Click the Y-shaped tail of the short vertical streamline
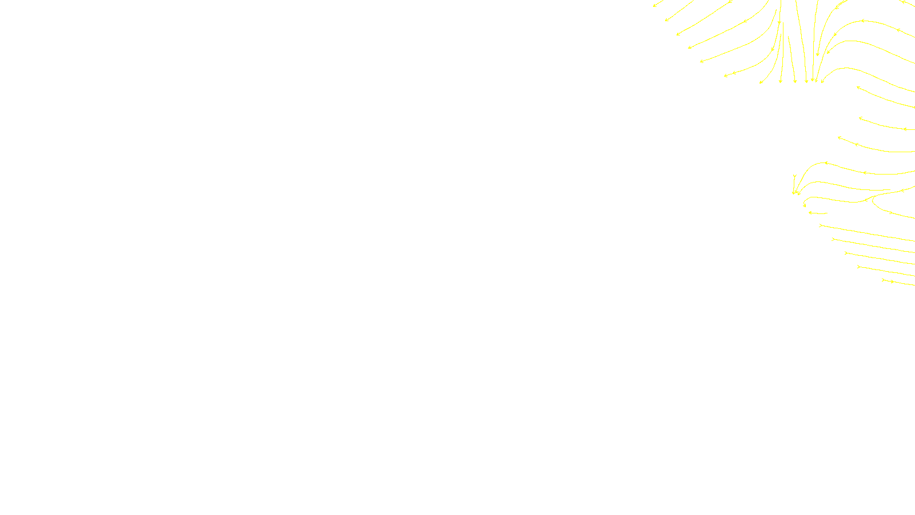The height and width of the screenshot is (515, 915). pyautogui.click(x=794, y=176)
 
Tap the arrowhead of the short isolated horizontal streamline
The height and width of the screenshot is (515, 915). pyautogui.click(x=810, y=213)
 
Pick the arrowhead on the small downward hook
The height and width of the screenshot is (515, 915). pyautogui.click(x=805, y=205)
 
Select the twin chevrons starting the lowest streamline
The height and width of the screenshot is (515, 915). pyautogui.click(x=887, y=280)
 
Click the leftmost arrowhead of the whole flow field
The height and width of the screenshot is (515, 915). pyautogui.click(x=655, y=6)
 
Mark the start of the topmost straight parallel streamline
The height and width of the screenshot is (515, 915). pyautogui.click(x=821, y=225)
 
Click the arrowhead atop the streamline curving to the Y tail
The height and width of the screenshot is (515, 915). pyautogui.click(x=825, y=163)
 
